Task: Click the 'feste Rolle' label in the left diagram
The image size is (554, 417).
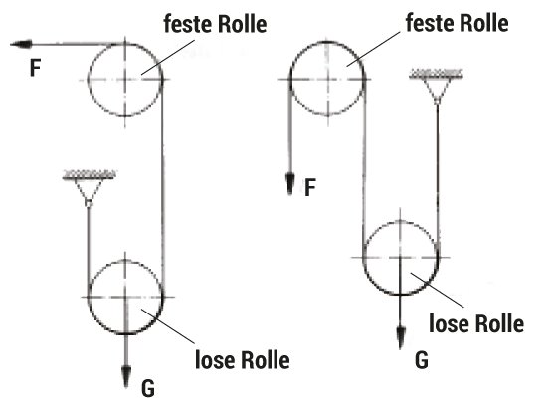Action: (215, 24)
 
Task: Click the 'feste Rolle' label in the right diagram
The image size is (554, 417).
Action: (457, 23)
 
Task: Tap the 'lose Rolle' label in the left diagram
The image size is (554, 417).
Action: (243, 360)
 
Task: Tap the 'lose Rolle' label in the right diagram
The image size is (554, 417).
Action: (476, 323)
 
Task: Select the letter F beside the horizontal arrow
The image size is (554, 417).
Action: (36, 68)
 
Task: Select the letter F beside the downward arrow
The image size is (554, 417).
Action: (310, 188)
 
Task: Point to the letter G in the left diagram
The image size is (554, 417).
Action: (148, 389)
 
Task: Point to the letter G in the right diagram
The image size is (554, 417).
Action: (422, 361)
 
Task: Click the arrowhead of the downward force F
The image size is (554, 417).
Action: (290, 184)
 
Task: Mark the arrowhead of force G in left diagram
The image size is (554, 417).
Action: (126, 377)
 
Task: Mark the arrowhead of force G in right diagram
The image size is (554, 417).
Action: (401, 338)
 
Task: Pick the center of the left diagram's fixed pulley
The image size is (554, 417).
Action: (125, 80)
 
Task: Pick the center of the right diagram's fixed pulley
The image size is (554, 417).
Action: (327, 79)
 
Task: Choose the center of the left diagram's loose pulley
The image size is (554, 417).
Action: (125, 297)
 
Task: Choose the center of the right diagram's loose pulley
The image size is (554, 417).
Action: (400, 258)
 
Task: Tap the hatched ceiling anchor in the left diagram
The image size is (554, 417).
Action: (90, 175)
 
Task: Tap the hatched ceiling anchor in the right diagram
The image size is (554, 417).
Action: (436, 74)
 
